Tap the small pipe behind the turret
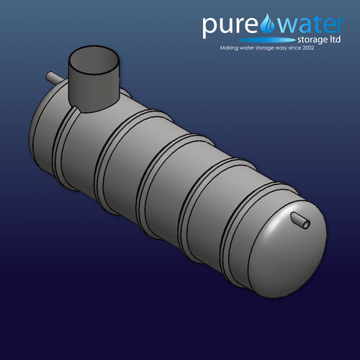54,77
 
